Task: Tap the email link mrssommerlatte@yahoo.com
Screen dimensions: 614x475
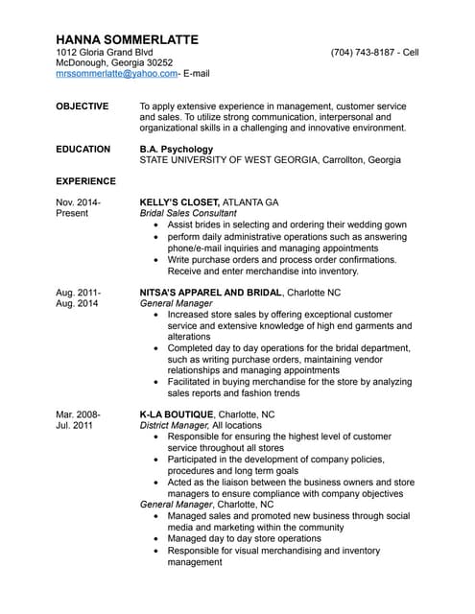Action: tap(116, 73)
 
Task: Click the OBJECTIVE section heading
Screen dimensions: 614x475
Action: tap(83, 106)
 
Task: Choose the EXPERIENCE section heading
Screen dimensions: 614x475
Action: tap(86, 181)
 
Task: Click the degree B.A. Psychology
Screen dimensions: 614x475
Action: tap(177, 150)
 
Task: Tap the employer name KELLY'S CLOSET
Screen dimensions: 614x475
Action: tap(180, 202)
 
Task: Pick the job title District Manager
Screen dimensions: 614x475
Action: tap(174, 425)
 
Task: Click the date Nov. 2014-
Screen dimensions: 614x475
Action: tap(79, 202)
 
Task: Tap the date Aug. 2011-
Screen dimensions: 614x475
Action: tap(79, 292)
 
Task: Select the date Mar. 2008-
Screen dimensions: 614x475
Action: tap(79, 414)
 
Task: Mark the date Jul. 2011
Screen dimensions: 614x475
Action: tap(74, 425)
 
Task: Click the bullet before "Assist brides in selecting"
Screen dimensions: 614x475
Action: tap(157, 224)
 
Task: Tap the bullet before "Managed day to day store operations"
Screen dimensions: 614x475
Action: tap(157, 539)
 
